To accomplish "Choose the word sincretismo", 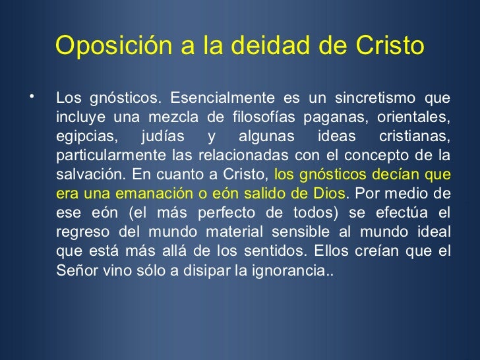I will click(x=372, y=99).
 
